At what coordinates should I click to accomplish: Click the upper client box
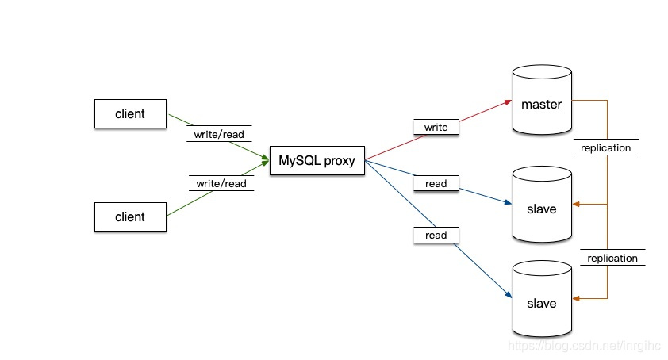click(130, 113)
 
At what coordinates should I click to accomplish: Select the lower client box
click(130, 216)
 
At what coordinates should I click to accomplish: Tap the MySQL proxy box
click(317, 161)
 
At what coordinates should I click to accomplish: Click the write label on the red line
click(436, 127)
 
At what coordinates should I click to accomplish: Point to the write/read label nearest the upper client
click(219, 134)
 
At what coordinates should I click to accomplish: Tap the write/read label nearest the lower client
click(221, 183)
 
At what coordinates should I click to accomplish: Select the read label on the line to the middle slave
click(436, 183)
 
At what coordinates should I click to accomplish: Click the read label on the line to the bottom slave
click(436, 235)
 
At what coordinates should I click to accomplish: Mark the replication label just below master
click(605, 147)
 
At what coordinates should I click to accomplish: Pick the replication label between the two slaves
click(612, 258)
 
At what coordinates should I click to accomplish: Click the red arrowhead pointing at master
click(505, 102)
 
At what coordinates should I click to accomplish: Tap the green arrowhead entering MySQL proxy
click(264, 160)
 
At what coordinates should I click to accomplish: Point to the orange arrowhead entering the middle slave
click(576, 205)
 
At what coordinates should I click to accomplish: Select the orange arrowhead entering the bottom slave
click(576, 299)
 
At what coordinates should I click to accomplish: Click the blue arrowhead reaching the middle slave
click(505, 203)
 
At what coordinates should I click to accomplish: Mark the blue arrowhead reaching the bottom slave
click(505, 295)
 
